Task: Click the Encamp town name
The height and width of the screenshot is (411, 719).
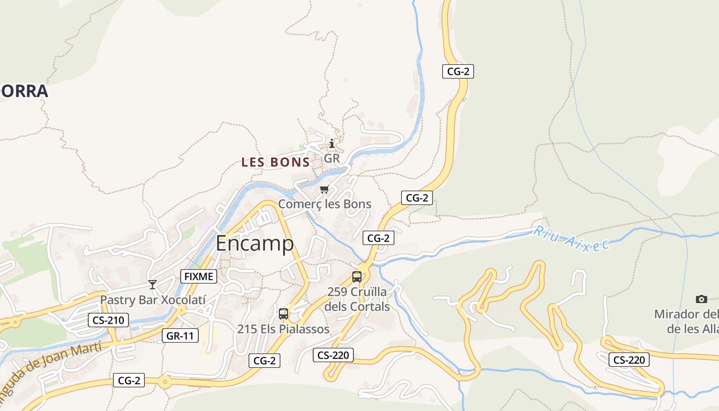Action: [x=255, y=244]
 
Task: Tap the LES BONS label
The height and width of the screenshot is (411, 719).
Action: [x=276, y=162]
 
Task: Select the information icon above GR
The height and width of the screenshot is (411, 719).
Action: [x=332, y=143]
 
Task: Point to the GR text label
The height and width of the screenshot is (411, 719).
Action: [x=332, y=158]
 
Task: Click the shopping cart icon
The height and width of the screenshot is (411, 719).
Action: [x=324, y=190]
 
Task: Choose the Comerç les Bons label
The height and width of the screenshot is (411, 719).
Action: [x=325, y=204]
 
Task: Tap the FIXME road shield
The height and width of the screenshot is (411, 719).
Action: [x=199, y=276]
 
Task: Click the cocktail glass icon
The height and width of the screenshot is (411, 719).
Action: [x=152, y=284]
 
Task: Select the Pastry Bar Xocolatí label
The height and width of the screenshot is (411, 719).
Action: [x=153, y=300]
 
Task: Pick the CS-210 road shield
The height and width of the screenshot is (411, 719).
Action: [x=108, y=321]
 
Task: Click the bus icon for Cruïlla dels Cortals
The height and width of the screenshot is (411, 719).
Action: [x=357, y=277]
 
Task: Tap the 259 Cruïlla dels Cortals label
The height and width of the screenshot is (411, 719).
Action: [x=357, y=299]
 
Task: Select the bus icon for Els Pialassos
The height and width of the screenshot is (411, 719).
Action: [x=283, y=314]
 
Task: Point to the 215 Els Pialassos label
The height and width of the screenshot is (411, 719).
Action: [x=283, y=329]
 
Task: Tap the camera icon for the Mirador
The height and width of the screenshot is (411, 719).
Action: [x=702, y=299]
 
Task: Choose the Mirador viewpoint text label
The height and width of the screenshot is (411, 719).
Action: [x=687, y=321]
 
